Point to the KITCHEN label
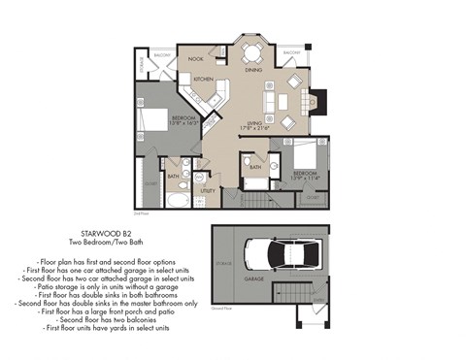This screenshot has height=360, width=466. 203,79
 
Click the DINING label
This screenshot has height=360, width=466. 253,70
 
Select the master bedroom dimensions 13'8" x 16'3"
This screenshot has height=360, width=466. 156,122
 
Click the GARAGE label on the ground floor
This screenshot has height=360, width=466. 254,278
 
